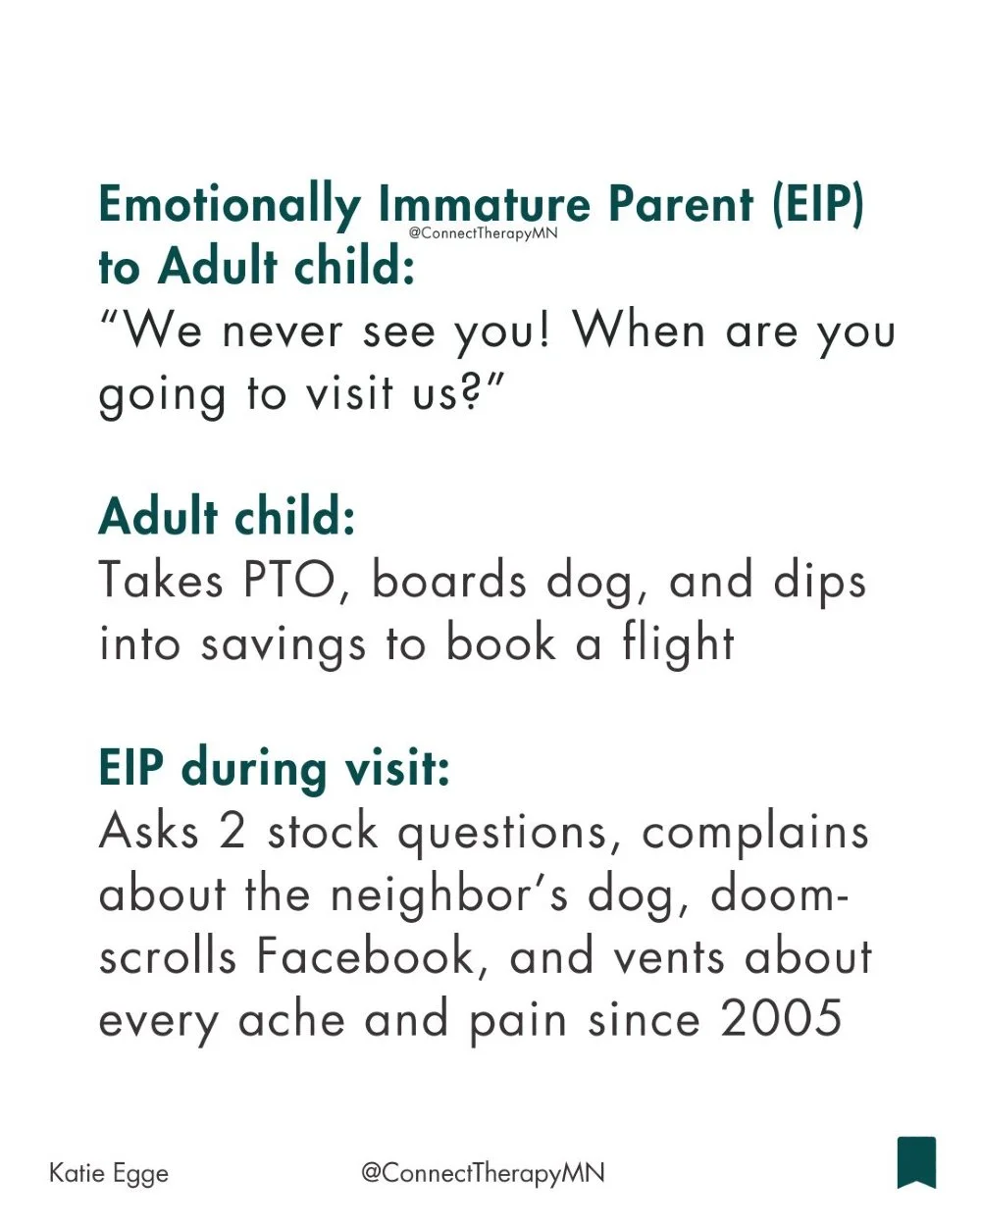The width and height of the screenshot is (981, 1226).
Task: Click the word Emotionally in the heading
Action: (x=230, y=205)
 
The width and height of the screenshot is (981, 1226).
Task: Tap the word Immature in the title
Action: (x=484, y=205)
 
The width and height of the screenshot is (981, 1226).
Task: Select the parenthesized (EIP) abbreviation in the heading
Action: (x=817, y=205)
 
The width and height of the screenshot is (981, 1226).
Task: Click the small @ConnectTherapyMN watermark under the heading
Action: (x=483, y=233)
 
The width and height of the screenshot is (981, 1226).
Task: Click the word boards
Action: (x=449, y=581)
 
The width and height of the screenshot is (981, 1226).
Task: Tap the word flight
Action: (x=678, y=644)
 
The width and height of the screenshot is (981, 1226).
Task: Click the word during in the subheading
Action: (x=254, y=768)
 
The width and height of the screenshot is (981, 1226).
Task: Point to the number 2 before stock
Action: (x=232, y=832)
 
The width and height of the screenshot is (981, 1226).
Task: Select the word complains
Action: (x=755, y=833)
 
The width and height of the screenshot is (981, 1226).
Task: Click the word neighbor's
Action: (x=448, y=894)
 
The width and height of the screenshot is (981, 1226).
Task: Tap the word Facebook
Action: (x=372, y=957)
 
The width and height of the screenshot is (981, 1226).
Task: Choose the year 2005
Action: (x=782, y=1019)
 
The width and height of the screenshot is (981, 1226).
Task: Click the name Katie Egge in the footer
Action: (x=109, y=1173)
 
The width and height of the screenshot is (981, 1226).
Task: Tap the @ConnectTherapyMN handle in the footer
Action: (x=483, y=1173)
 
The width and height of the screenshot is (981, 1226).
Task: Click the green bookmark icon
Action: (x=916, y=1162)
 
